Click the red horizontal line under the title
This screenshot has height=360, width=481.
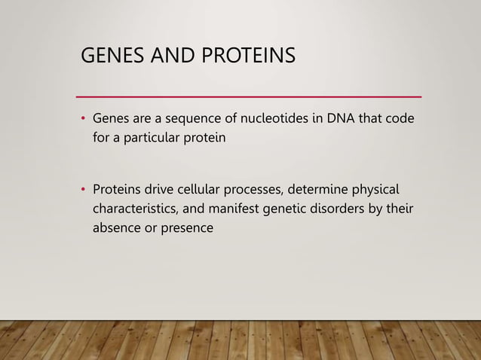250,97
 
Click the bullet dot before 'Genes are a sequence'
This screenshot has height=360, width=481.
83,120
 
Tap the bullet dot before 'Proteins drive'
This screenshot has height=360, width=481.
83,188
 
